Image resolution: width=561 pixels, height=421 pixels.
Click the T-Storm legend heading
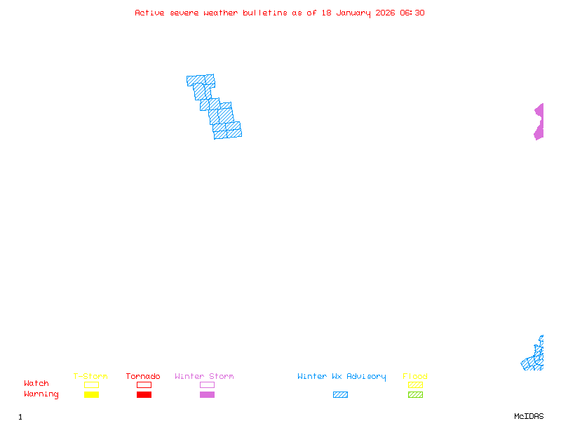(90, 377)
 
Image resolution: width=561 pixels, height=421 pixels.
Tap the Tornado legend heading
(143, 377)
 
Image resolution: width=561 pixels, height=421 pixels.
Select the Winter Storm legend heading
(204, 377)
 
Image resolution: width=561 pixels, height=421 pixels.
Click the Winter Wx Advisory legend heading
(342, 377)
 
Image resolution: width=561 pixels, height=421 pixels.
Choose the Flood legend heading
(415, 377)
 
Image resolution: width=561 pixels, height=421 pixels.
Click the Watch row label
(36, 384)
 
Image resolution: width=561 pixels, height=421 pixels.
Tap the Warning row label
(41, 394)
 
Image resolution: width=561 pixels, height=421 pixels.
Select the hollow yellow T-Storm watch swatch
(91, 385)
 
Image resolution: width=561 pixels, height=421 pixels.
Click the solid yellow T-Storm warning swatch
(91, 395)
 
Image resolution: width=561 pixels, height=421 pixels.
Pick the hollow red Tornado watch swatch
(144, 385)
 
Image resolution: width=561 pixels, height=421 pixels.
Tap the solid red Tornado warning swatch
(144, 395)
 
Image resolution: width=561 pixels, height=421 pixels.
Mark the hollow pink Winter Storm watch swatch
(207, 385)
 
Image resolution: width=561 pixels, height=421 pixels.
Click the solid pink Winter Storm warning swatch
(207, 395)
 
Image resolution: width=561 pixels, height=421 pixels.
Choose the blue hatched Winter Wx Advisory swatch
(340, 395)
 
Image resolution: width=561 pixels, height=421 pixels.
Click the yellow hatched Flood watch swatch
(415, 385)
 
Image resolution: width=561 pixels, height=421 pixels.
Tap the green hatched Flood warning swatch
(415, 395)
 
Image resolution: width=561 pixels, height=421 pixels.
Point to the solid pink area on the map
(539, 122)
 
